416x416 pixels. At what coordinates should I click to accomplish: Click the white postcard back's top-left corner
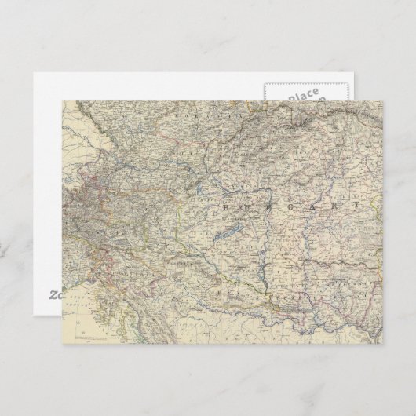coord(36,74)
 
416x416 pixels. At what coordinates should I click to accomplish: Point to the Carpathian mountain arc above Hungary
coord(314,126)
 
